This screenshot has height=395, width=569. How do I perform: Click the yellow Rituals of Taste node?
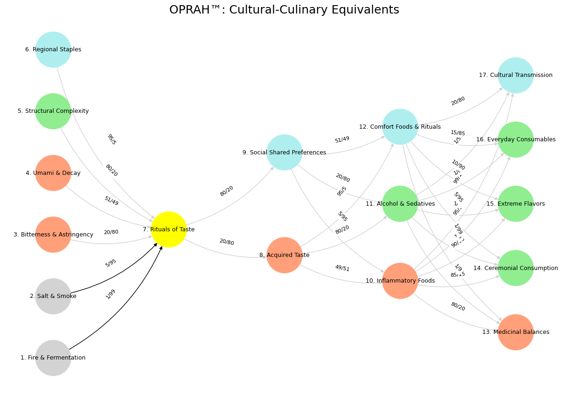(x=169, y=229)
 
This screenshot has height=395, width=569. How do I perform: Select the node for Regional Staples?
(x=53, y=49)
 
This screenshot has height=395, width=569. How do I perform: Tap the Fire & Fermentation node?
(x=53, y=358)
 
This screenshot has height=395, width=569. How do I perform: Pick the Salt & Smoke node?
(x=53, y=296)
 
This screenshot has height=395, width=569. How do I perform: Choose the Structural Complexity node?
(x=53, y=111)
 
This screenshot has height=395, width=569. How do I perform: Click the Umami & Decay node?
(x=53, y=173)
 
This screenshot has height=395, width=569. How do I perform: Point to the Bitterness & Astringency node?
(x=53, y=235)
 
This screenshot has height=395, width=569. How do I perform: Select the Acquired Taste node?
(x=284, y=255)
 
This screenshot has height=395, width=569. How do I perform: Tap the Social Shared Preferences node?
(x=284, y=152)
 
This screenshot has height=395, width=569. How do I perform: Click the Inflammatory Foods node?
(x=400, y=281)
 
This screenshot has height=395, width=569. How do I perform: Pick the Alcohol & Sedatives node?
(x=400, y=204)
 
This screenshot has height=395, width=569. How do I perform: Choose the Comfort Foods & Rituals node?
(x=400, y=127)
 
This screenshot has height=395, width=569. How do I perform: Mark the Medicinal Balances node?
(x=516, y=332)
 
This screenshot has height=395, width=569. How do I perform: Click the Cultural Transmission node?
(x=516, y=75)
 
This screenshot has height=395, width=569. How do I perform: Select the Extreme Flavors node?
(x=516, y=204)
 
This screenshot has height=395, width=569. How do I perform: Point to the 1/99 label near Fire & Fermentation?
(x=111, y=294)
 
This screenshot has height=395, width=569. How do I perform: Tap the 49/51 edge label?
(x=342, y=268)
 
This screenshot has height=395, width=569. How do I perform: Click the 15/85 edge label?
(x=458, y=133)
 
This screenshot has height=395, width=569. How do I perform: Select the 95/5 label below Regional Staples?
(x=111, y=139)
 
